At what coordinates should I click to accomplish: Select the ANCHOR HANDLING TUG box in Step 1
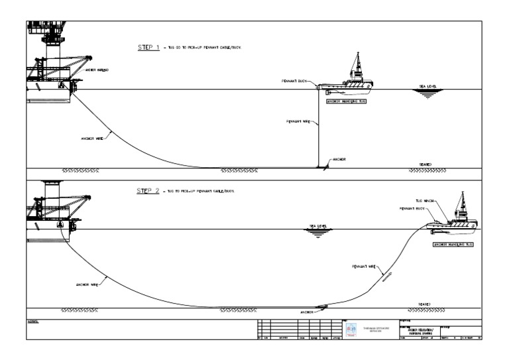[x=346, y=102]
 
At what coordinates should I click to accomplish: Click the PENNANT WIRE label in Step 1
[x=298, y=122]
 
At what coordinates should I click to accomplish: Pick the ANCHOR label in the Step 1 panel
[x=339, y=160]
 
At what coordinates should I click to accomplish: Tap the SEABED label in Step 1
[x=425, y=164]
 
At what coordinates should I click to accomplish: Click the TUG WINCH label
[x=424, y=200]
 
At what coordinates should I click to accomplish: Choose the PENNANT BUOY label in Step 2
[x=412, y=208]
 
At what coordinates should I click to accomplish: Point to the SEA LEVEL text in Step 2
[x=319, y=226]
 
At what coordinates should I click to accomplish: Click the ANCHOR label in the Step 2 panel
[x=306, y=312]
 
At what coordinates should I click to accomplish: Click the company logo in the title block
[x=351, y=330]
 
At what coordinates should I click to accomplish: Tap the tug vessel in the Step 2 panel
[x=457, y=219]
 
